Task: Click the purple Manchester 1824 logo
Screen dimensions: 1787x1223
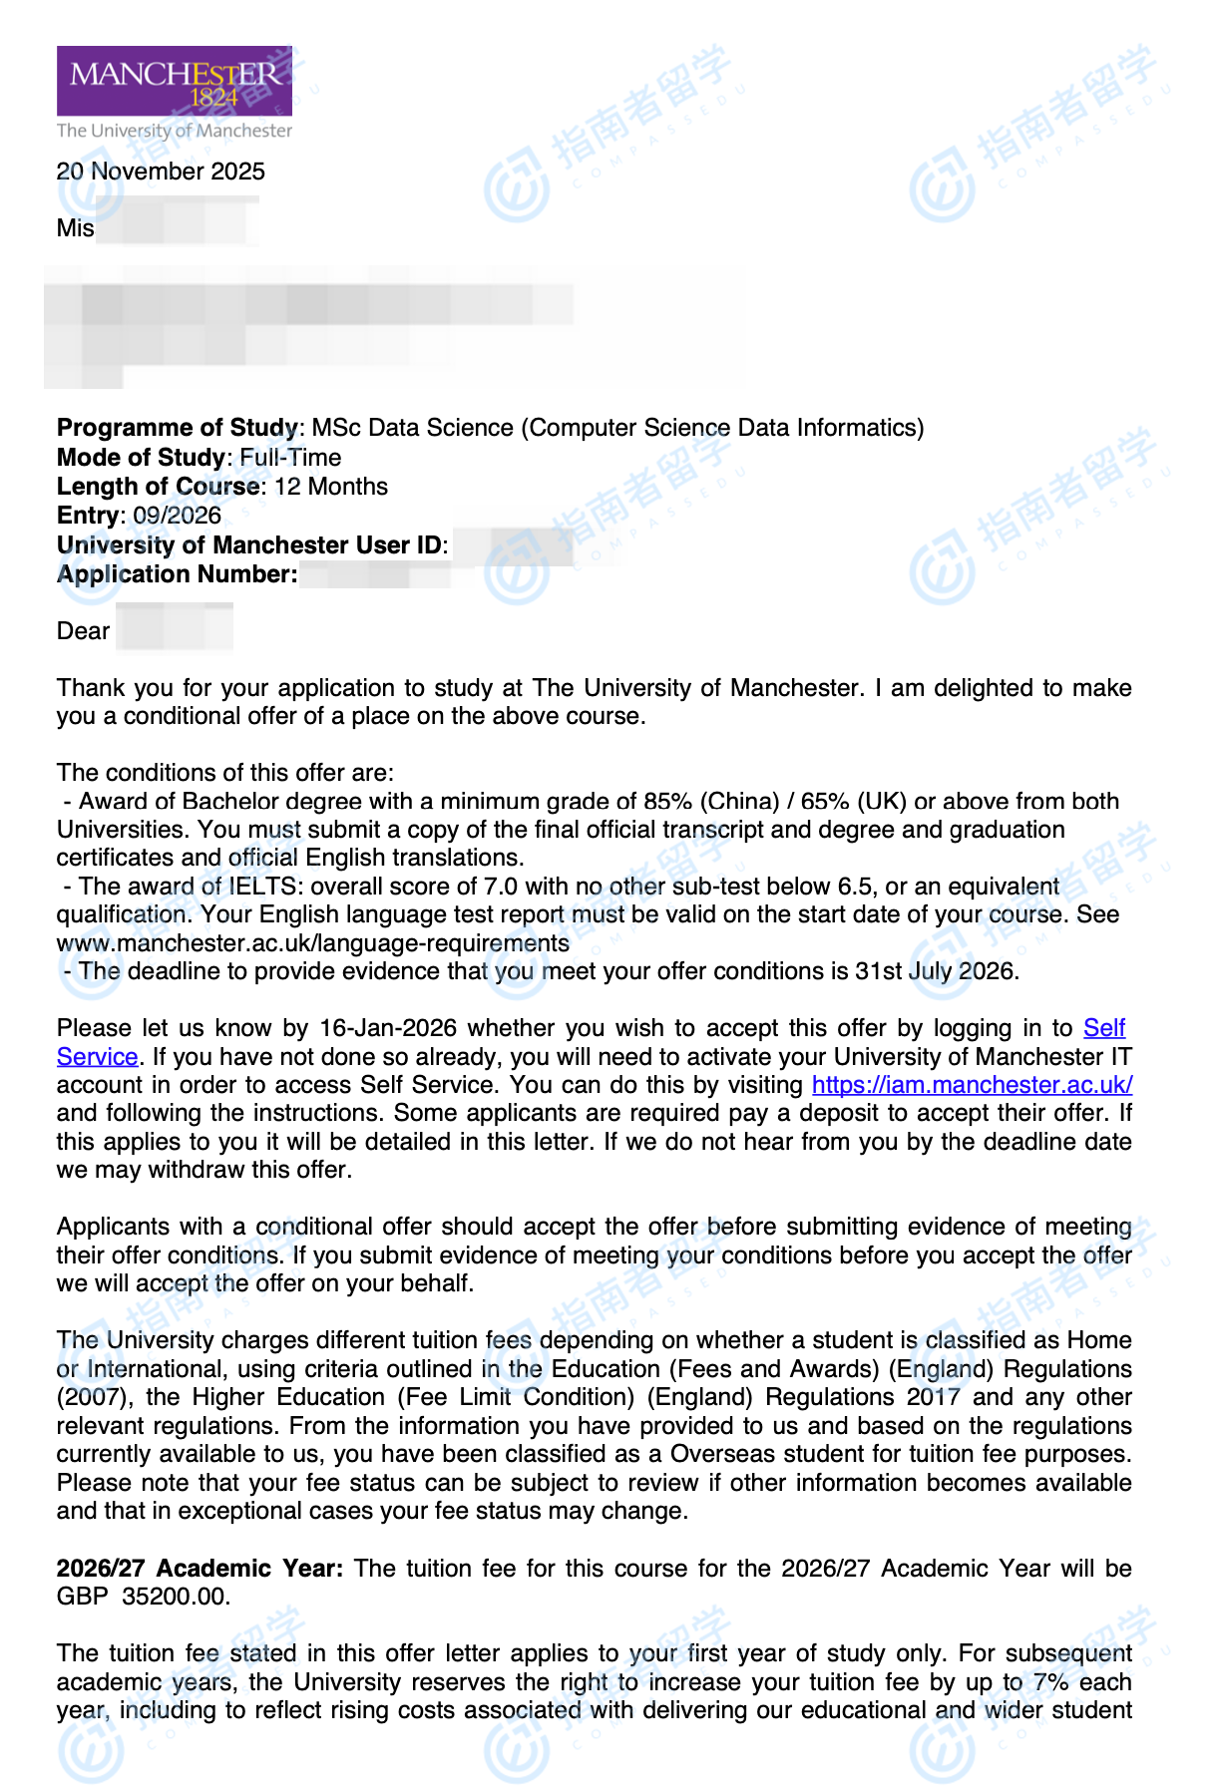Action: tap(174, 81)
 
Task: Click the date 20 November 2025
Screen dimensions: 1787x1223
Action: tap(161, 172)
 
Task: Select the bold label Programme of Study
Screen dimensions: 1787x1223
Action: tap(178, 428)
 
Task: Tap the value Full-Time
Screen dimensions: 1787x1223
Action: tap(290, 458)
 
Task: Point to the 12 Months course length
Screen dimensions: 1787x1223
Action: tap(331, 487)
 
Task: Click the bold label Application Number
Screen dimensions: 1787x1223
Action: tap(177, 574)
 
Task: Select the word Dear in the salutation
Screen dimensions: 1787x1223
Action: tap(83, 631)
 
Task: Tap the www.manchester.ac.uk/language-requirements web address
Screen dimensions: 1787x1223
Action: tap(313, 943)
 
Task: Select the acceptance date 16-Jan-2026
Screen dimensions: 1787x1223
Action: tap(388, 1028)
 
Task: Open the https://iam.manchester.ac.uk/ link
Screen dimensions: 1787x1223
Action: tap(972, 1085)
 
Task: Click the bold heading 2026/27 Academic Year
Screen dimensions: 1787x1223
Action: tap(200, 1569)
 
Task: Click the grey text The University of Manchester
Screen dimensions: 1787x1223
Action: tap(175, 131)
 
